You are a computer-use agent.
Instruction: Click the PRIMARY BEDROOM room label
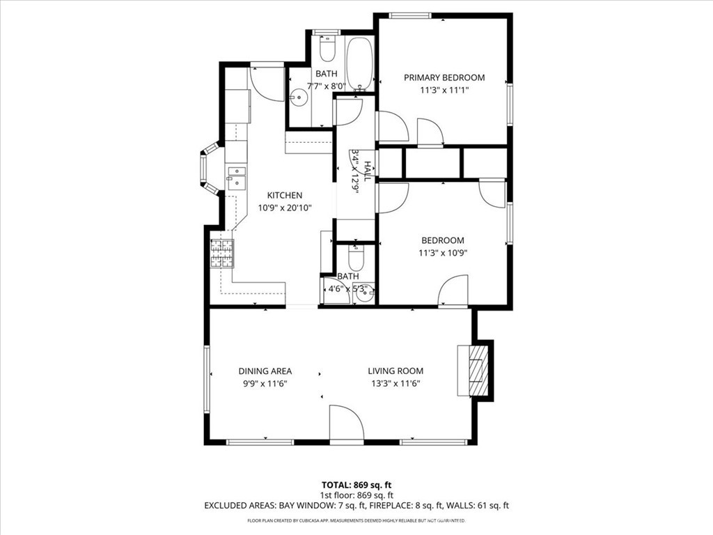(x=444, y=77)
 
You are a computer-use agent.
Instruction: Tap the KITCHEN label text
(x=285, y=195)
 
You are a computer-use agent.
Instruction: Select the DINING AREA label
(x=265, y=371)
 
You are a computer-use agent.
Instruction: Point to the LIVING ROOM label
(x=395, y=371)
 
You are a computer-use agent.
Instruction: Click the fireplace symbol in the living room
(x=477, y=369)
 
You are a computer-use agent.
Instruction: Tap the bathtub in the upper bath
(x=359, y=63)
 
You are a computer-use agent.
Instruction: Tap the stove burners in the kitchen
(x=222, y=254)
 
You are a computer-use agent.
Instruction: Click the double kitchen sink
(x=236, y=178)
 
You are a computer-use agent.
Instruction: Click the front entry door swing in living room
(x=346, y=423)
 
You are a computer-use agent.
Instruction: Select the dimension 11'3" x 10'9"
(x=442, y=253)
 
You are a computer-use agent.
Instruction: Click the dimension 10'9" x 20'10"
(x=285, y=207)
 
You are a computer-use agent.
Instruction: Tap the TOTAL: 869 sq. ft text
(x=361, y=484)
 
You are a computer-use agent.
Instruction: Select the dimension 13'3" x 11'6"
(x=395, y=383)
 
